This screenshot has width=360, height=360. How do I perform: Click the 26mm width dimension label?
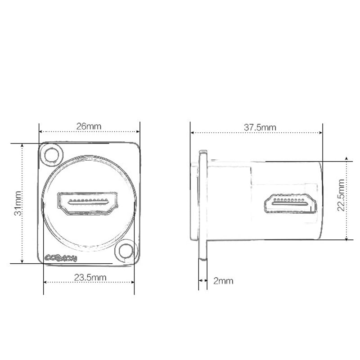click(x=89, y=126)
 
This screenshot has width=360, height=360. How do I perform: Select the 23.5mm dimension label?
click(x=90, y=278)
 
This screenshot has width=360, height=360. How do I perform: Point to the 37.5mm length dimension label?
click(x=260, y=127)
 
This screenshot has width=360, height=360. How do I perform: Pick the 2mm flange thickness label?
click(x=223, y=281)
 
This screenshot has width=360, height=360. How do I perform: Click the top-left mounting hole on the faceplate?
click(x=52, y=155)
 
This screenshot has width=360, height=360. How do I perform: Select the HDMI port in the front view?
click(x=88, y=203)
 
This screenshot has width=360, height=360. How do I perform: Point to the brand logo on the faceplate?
click(x=62, y=258)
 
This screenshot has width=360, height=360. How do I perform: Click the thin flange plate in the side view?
click(x=203, y=205)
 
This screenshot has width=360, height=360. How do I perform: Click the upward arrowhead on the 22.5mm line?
click(x=346, y=158)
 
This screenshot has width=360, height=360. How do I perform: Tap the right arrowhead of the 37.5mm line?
click(x=321, y=133)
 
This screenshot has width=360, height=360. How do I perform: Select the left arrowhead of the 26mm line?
click(x=40, y=132)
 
